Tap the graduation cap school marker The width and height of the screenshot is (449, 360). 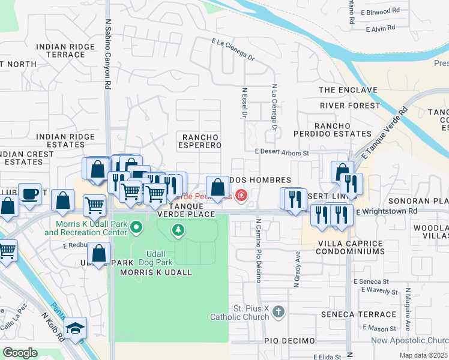coord(76,328)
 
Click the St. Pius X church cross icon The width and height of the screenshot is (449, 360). coord(277,311)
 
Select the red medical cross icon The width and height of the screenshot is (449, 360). coord(241,195)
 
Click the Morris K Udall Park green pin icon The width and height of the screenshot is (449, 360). coord(136,227)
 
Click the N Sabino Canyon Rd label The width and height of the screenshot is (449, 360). coord(109,54)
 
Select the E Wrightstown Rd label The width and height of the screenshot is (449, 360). coord(387,212)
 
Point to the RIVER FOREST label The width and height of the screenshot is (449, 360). coord(350,106)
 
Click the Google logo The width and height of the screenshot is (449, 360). coord(20,352)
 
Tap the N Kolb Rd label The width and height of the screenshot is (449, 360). coord(52,326)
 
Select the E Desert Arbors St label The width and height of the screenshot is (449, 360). coord(281,153)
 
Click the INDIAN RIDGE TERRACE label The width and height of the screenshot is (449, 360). coord(65,50)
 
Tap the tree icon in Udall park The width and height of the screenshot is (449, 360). coord(178,230)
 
